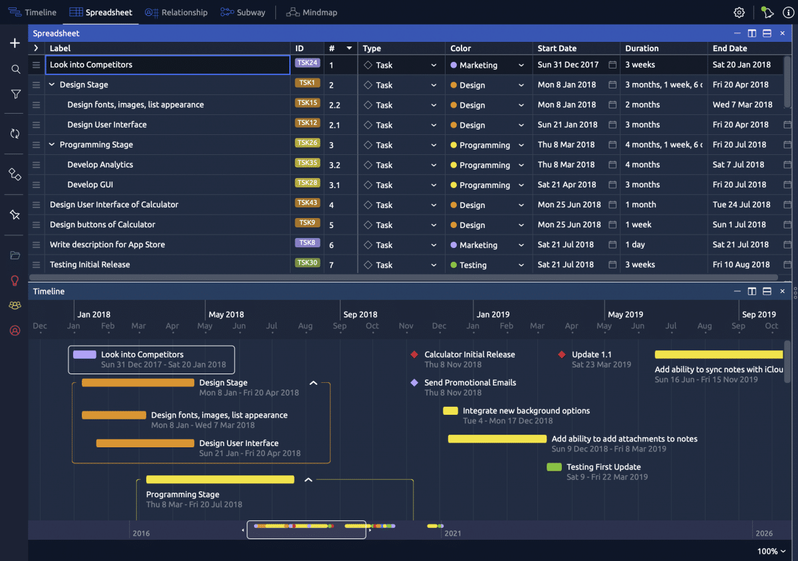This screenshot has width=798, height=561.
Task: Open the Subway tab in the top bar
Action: click(243, 13)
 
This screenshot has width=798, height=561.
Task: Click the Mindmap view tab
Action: click(312, 13)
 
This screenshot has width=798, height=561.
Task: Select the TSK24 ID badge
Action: click(307, 63)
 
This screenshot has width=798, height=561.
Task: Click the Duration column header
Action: click(642, 49)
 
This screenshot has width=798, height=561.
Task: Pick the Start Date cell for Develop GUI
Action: click(567, 185)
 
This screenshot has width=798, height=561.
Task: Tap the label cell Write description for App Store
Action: click(108, 245)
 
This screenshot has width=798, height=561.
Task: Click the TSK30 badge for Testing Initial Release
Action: click(307, 263)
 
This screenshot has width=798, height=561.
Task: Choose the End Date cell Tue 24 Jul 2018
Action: click(741, 205)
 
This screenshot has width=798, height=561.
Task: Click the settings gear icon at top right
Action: click(739, 13)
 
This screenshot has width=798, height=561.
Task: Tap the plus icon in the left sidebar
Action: click(15, 43)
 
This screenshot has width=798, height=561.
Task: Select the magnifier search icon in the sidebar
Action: click(15, 69)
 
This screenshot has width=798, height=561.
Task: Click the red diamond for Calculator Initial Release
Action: click(414, 355)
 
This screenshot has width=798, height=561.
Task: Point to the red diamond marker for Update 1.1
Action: click(562, 355)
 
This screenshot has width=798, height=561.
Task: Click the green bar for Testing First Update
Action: click(554, 467)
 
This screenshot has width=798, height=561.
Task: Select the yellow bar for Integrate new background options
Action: click(450, 411)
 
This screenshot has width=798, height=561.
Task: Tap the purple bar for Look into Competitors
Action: click(84, 355)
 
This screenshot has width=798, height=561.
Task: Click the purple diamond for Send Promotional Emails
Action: click(414, 383)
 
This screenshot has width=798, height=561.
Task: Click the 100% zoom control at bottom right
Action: click(771, 551)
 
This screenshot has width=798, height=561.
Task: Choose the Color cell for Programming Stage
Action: click(485, 145)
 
